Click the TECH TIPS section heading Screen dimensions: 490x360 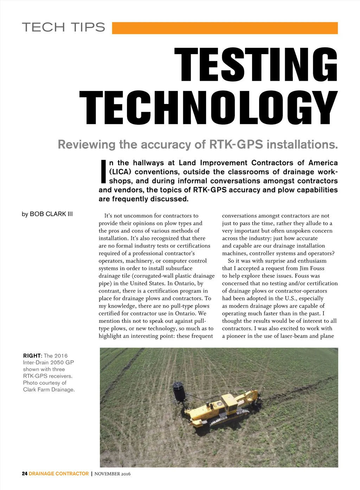point(64,27)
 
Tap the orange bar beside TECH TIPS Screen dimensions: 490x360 point(225,28)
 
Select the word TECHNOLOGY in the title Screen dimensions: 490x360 point(208,108)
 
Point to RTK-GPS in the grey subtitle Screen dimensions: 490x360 point(236,144)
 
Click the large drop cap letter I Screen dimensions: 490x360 point(103,172)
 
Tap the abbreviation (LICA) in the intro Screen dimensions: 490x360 point(120,172)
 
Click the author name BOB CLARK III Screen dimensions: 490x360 point(51,214)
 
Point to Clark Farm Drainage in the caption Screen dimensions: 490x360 point(49,390)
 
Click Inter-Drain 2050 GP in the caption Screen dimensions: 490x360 point(49,362)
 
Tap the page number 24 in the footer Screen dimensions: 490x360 point(25,473)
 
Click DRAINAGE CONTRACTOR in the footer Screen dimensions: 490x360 point(59,473)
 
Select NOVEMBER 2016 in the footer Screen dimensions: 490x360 point(112,474)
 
